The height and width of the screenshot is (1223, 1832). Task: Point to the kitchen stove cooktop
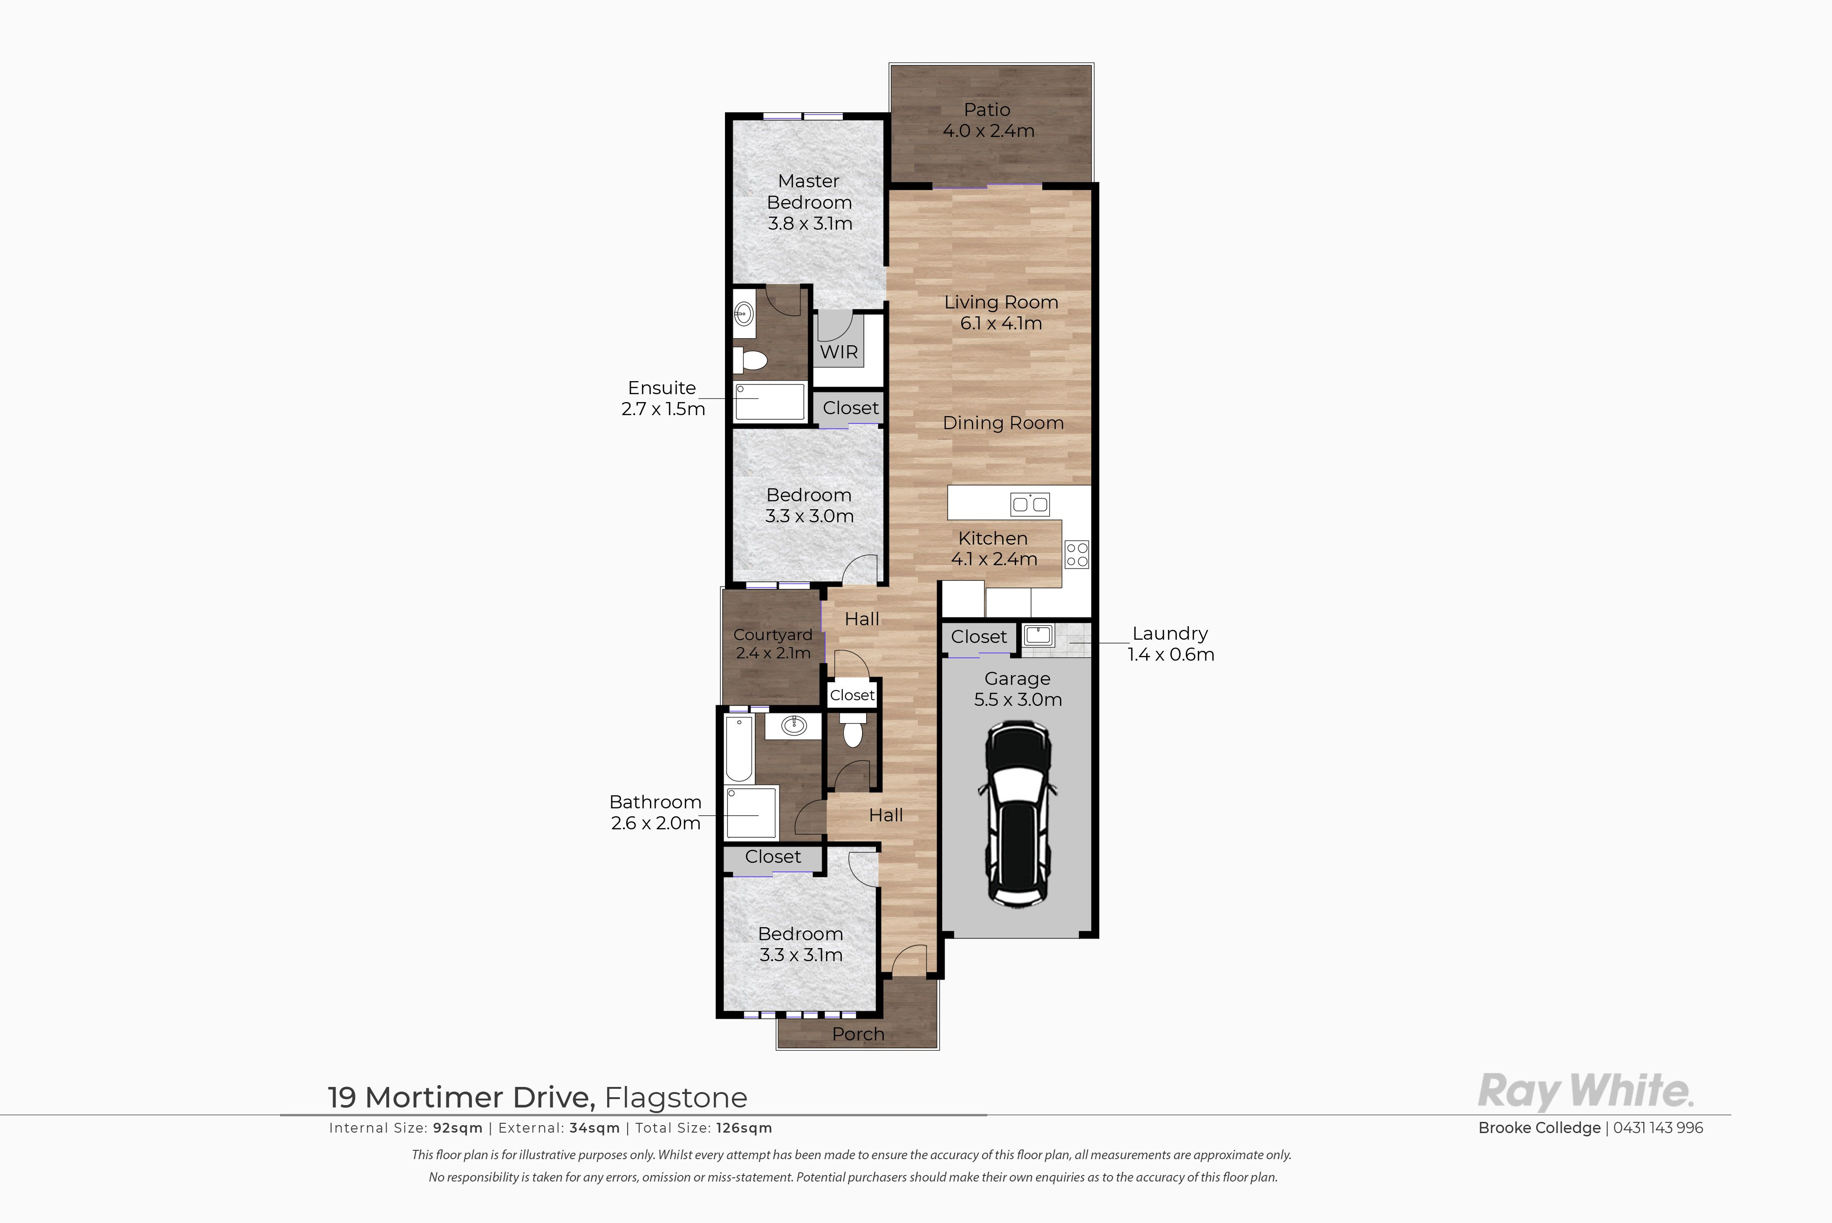[1077, 554]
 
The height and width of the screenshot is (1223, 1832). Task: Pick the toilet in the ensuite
[751, 360]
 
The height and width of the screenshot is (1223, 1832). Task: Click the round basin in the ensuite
[743, 315]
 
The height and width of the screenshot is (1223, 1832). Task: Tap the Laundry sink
[1038, 635]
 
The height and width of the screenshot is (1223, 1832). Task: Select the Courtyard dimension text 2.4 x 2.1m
[773, 653]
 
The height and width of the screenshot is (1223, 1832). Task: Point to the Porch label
[858, 1034]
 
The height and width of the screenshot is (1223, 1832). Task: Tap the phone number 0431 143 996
[1658, 1128]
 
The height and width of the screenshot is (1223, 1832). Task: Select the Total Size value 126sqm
[744, 1128]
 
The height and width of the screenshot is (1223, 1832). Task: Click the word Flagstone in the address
[676, 1097]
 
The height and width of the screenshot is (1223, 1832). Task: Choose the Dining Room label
[1003, 423]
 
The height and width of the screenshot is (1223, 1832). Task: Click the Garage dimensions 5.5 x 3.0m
[1018, 700]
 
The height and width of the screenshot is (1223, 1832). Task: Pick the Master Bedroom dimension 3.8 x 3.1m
[810, 223]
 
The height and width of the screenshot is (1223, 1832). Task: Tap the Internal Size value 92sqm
[458, 1128]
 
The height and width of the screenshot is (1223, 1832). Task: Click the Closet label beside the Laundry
[979, 636]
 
